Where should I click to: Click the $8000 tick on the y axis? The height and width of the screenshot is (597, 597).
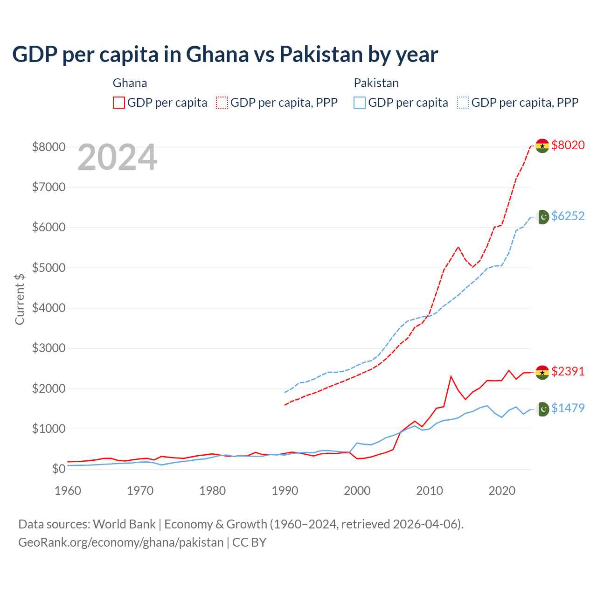49,147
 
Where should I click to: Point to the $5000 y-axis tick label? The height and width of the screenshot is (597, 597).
49,268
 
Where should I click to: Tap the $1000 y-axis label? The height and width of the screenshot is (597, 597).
49,429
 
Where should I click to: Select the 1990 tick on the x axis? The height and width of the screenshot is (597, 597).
285,491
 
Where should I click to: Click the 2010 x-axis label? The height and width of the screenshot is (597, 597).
430,491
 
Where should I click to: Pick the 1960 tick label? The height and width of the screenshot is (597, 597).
68,491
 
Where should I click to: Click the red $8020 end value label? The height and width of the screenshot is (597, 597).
568,145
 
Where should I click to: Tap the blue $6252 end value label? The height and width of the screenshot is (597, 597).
568,216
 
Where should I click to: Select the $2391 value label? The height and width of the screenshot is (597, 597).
568,371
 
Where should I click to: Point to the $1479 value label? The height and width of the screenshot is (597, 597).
568,408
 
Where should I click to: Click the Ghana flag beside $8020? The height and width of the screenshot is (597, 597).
542,146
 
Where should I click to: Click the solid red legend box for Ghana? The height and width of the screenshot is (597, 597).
119,103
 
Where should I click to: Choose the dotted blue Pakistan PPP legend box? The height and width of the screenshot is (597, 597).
463,103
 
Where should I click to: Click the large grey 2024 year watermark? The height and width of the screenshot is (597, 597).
117,157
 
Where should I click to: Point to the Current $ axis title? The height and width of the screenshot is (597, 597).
20,299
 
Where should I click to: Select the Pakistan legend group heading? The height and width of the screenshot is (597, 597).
376,83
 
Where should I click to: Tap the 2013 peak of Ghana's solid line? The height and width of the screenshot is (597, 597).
451,376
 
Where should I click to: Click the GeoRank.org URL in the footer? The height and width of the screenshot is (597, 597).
121,542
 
